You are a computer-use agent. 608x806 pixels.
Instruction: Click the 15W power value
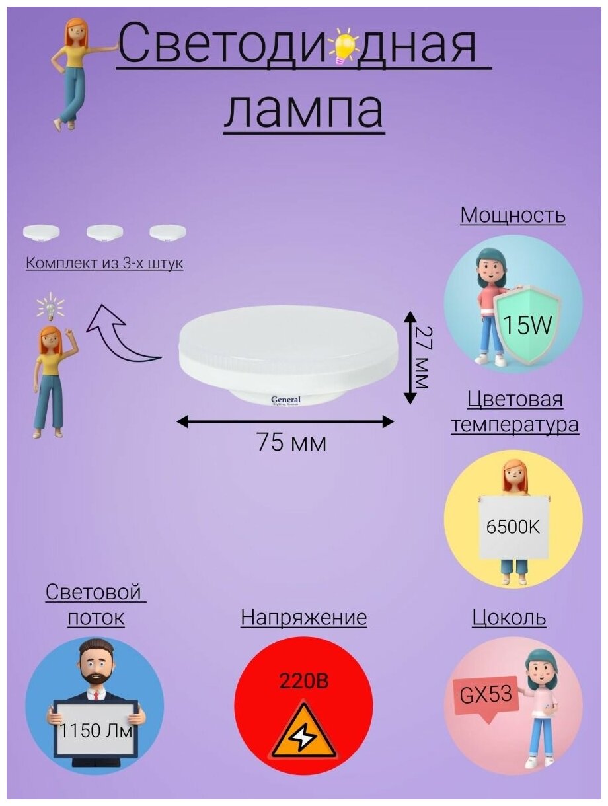(x=526, y=325)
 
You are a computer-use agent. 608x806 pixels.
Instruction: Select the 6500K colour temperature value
(x=513, y=527)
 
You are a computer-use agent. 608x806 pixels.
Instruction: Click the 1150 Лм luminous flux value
(x=96, y=732)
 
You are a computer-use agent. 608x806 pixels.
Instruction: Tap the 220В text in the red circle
(x=303, y=681)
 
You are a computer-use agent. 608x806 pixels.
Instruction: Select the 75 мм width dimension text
(x=291, y=442)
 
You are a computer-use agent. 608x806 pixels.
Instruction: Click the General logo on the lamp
(x=285, y=400)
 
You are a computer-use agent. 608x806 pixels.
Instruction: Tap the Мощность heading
(x=513, y=215)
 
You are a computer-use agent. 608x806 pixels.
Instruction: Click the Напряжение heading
(x=303, y=618)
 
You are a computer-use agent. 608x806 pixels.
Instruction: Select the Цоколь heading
(x=509, y=618)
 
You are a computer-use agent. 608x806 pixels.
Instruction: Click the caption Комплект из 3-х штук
(x=104, y=264)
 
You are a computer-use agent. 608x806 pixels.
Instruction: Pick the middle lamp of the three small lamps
(x=104, y=232)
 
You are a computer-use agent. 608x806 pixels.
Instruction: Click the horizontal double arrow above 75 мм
(x=285, y=421)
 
